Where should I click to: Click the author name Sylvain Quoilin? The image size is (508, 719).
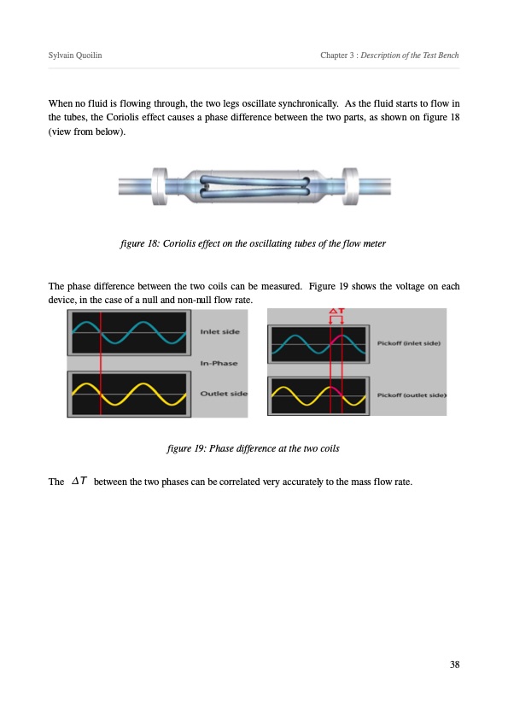point(75,55)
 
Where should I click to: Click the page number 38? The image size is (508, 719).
point(454,664)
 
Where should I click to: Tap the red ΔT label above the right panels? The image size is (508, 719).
point(336,311)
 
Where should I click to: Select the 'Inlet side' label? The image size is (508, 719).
point(219,331)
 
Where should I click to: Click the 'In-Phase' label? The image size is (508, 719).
point(219,363)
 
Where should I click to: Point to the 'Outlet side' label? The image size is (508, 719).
point(224,394)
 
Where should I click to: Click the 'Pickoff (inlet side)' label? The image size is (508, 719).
point(408,343)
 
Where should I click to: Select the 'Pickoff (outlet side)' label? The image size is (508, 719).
point(412,395)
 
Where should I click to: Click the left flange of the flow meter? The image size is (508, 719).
point(160,186)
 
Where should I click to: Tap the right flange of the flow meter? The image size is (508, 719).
point(350,186)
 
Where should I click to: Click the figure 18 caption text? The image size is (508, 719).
point(253,243)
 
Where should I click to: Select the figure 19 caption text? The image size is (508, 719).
point(253,448)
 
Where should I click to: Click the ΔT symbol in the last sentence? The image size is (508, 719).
point(79,481)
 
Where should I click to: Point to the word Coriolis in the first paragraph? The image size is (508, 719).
point(122,117)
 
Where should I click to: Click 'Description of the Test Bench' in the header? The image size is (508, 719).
point(410,55)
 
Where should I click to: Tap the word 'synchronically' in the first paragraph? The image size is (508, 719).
point(308,103)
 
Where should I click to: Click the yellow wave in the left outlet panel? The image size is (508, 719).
point(129,395)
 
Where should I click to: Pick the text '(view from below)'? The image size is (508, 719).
point(86,132)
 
